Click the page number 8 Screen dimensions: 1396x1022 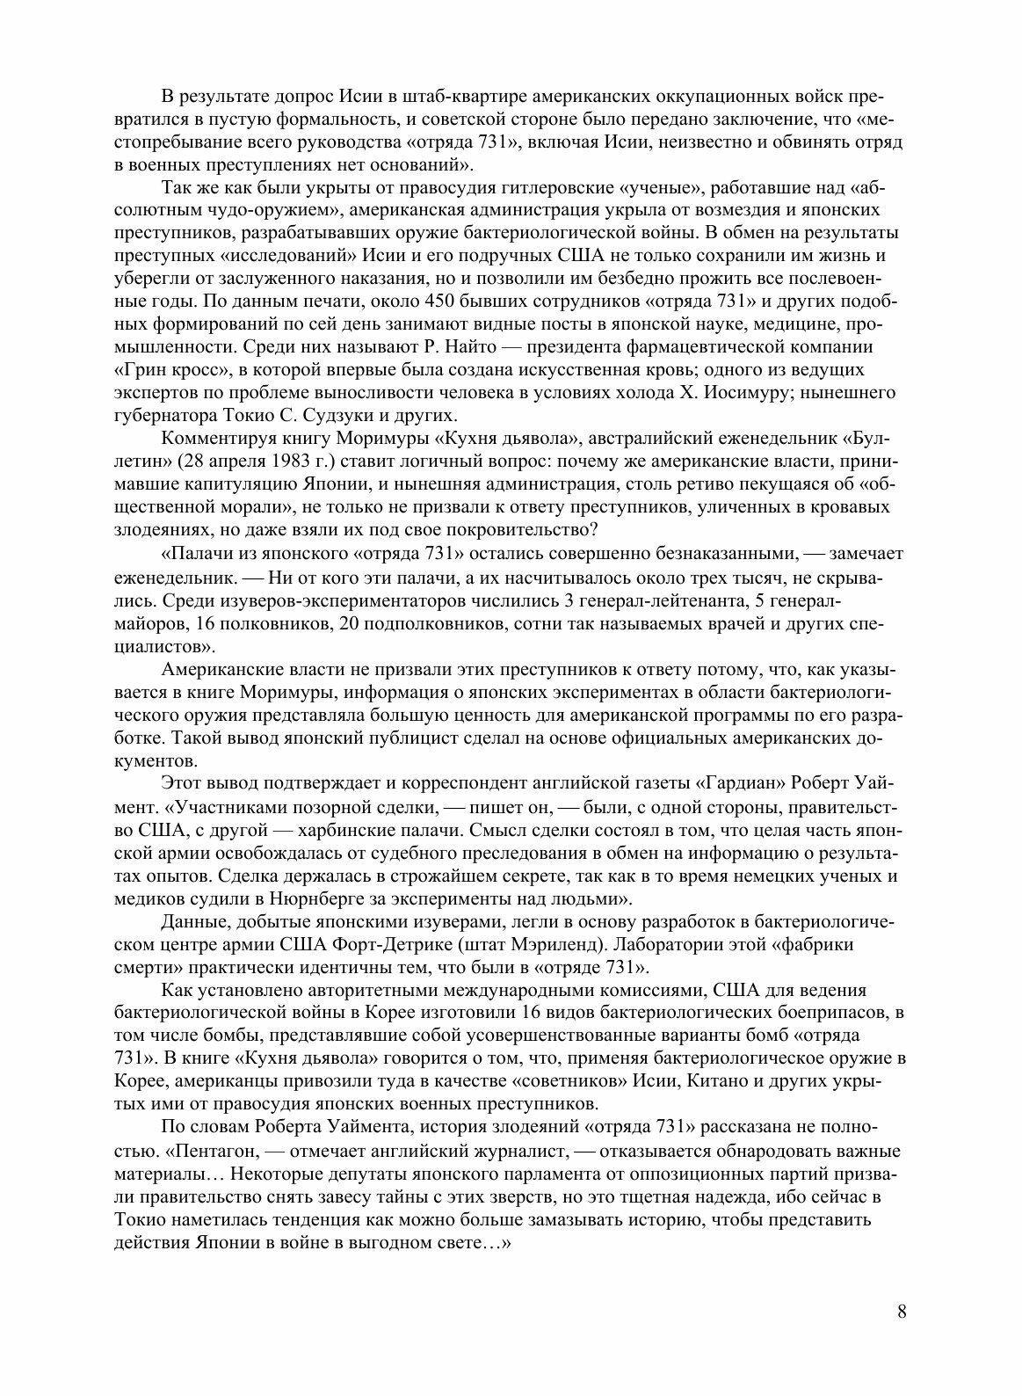pyautogui.click(x=902, y=1312)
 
